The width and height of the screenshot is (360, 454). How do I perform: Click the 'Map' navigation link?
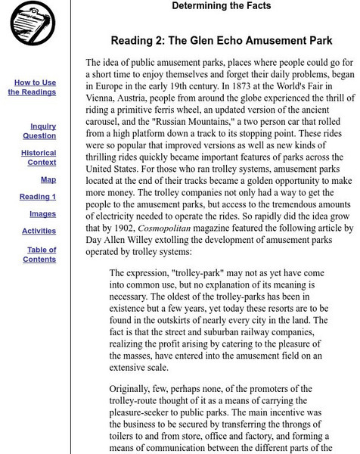click(48, 180)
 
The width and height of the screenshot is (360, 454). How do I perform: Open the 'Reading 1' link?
click(38, 197)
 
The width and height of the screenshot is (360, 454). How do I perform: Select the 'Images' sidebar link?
click(42, 214)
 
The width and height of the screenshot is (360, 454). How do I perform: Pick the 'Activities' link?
click(39, 231)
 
